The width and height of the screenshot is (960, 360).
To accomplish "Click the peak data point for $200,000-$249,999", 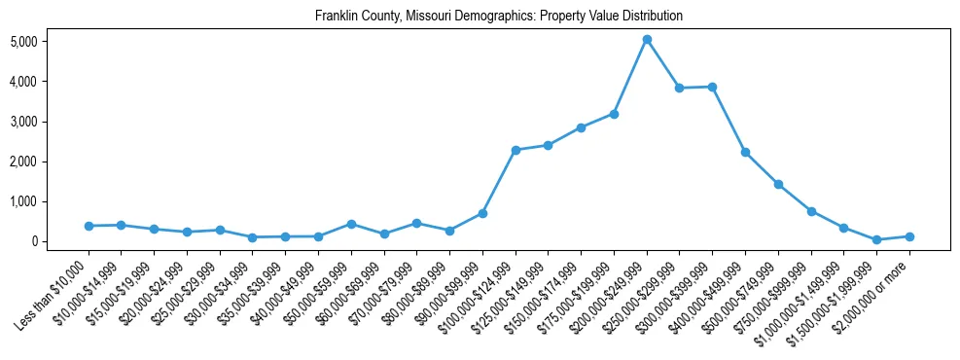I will (647, 39).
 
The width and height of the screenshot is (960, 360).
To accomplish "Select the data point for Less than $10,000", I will (89, 226).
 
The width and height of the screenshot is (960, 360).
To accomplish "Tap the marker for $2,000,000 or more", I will (909, 236).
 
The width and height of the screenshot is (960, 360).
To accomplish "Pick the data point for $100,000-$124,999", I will (516, 150).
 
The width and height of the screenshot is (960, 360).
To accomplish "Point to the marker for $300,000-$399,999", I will (712, 87).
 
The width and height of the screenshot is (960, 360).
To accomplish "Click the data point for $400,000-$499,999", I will (745, 152).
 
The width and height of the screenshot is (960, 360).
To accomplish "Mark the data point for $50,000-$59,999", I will (351, 224).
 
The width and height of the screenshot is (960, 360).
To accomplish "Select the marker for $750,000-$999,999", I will (811, 211).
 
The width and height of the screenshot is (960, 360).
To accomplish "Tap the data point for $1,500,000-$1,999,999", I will (876, 239).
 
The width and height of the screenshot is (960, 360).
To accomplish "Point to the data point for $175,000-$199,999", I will (614, 114).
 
